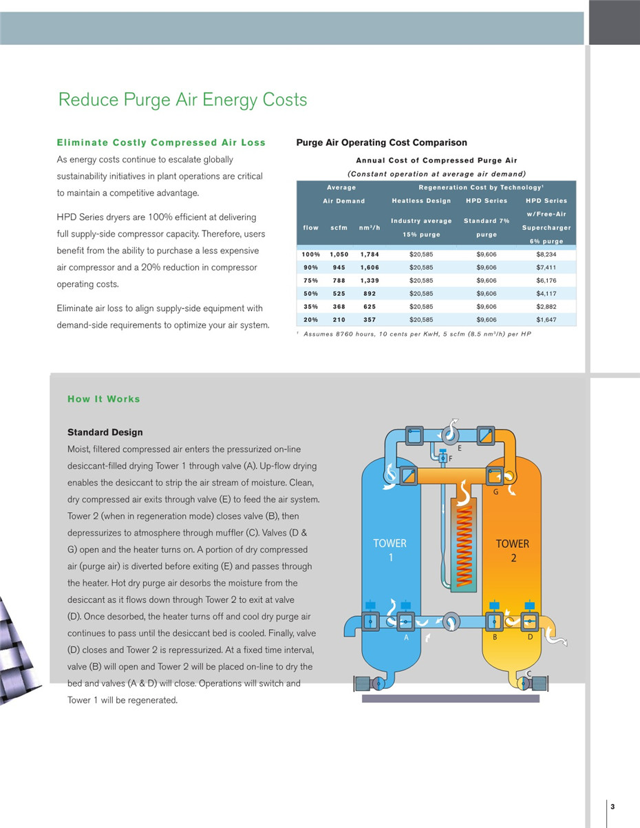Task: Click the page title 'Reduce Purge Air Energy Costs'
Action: [182, 100]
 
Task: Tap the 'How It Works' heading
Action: [103, 399]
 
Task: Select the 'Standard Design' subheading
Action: [105, 432]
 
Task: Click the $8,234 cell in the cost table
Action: [546, 255]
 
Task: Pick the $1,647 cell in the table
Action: [546, 320]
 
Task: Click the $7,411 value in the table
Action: [546, 268]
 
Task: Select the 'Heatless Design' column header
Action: [421, 201]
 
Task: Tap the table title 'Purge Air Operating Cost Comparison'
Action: [381, 142]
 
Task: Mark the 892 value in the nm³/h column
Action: [370, 294]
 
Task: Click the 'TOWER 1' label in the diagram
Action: [390, 550]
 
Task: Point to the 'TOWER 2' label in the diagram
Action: [513, 551]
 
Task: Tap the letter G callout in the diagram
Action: [495, 492]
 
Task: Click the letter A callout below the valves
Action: [406, 637]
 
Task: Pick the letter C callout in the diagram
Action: [529, 674]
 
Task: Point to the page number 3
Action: [612, 807]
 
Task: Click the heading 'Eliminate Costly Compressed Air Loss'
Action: [160, 142]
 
